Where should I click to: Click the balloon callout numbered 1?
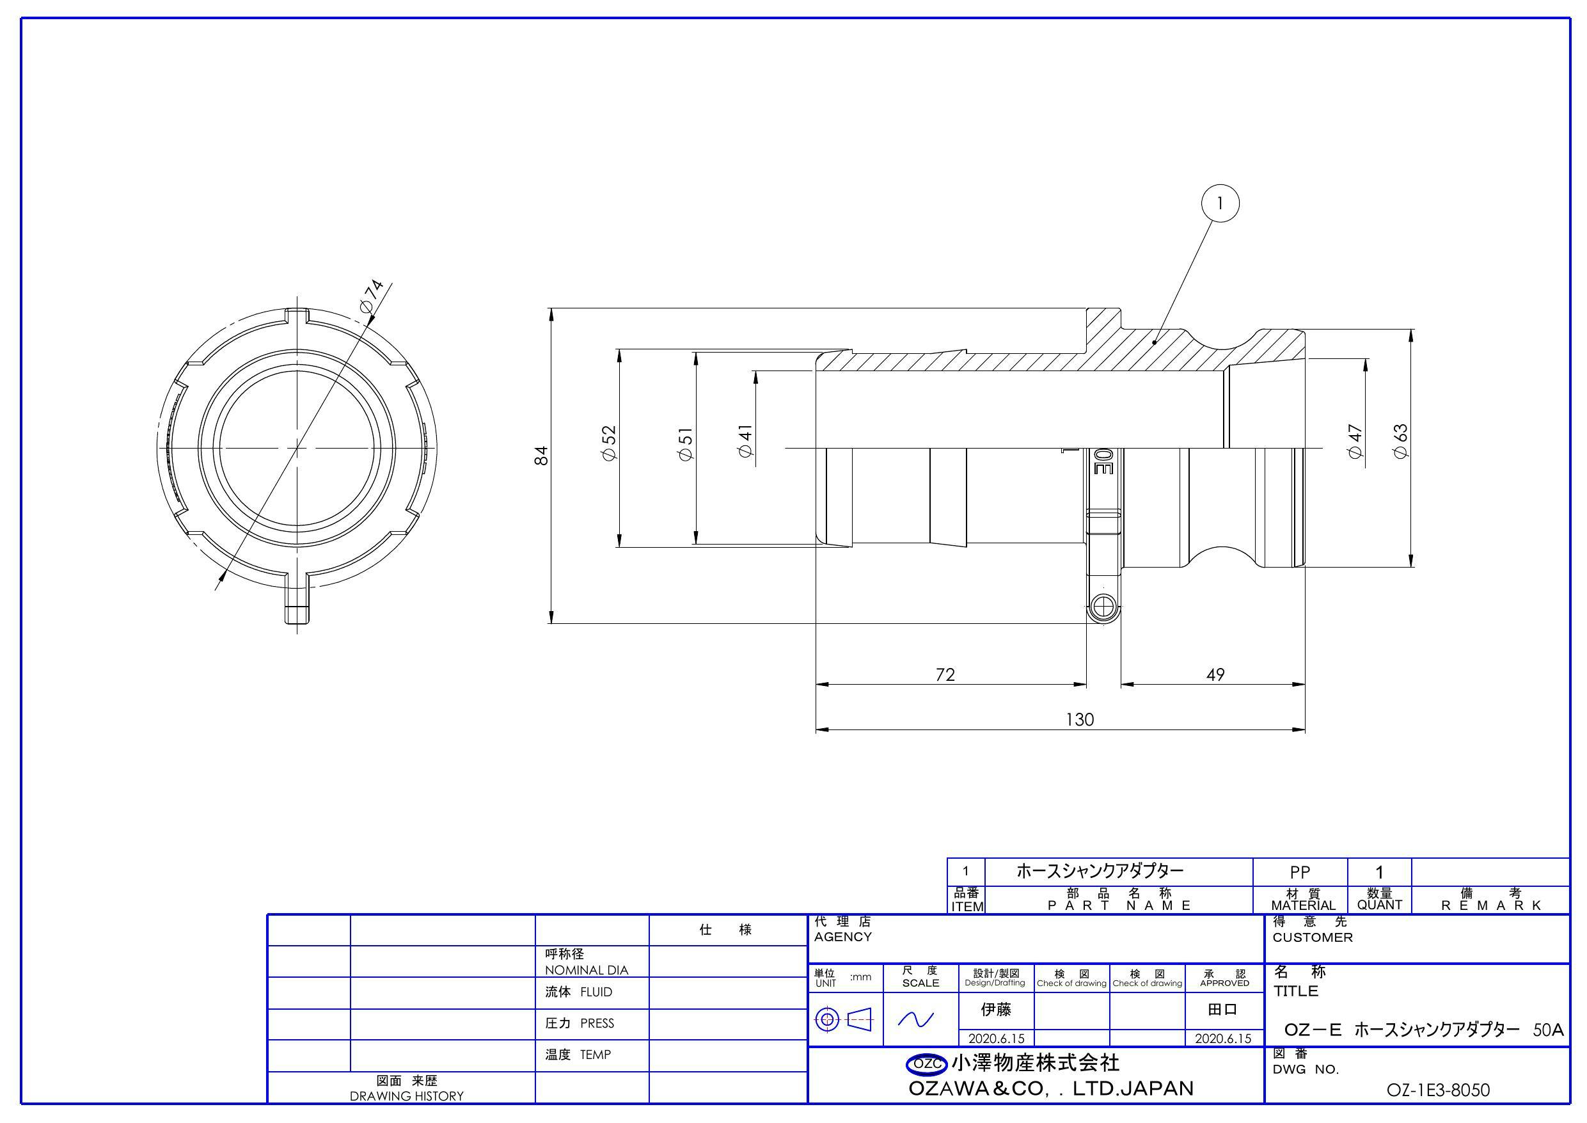pos(1220,203)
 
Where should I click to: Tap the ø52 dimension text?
pos(609,443)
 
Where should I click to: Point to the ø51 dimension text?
pos(686,445)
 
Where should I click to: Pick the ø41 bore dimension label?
pos(745,440)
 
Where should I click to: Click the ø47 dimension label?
pos(1355,441)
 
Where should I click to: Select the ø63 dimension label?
pos(1400,441)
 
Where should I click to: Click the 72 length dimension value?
pos(945,674)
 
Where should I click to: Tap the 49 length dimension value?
pos(1215,674)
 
